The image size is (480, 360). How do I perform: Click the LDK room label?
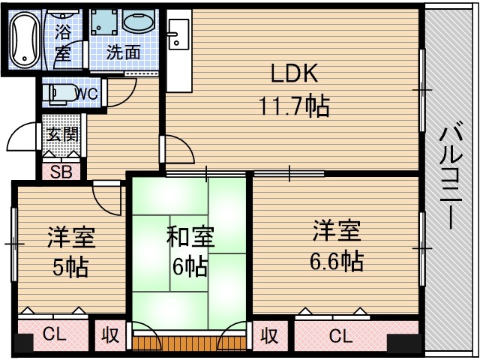(x=295, y=74)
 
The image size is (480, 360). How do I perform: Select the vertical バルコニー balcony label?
(x=450, y=177)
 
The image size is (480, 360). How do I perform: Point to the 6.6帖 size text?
(x=336, y=260)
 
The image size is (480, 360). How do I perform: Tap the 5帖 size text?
(x=71, y=265)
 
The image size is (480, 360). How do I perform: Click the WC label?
(x=86, y=94)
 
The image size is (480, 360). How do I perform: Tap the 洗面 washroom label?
(x=123, y=52)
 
